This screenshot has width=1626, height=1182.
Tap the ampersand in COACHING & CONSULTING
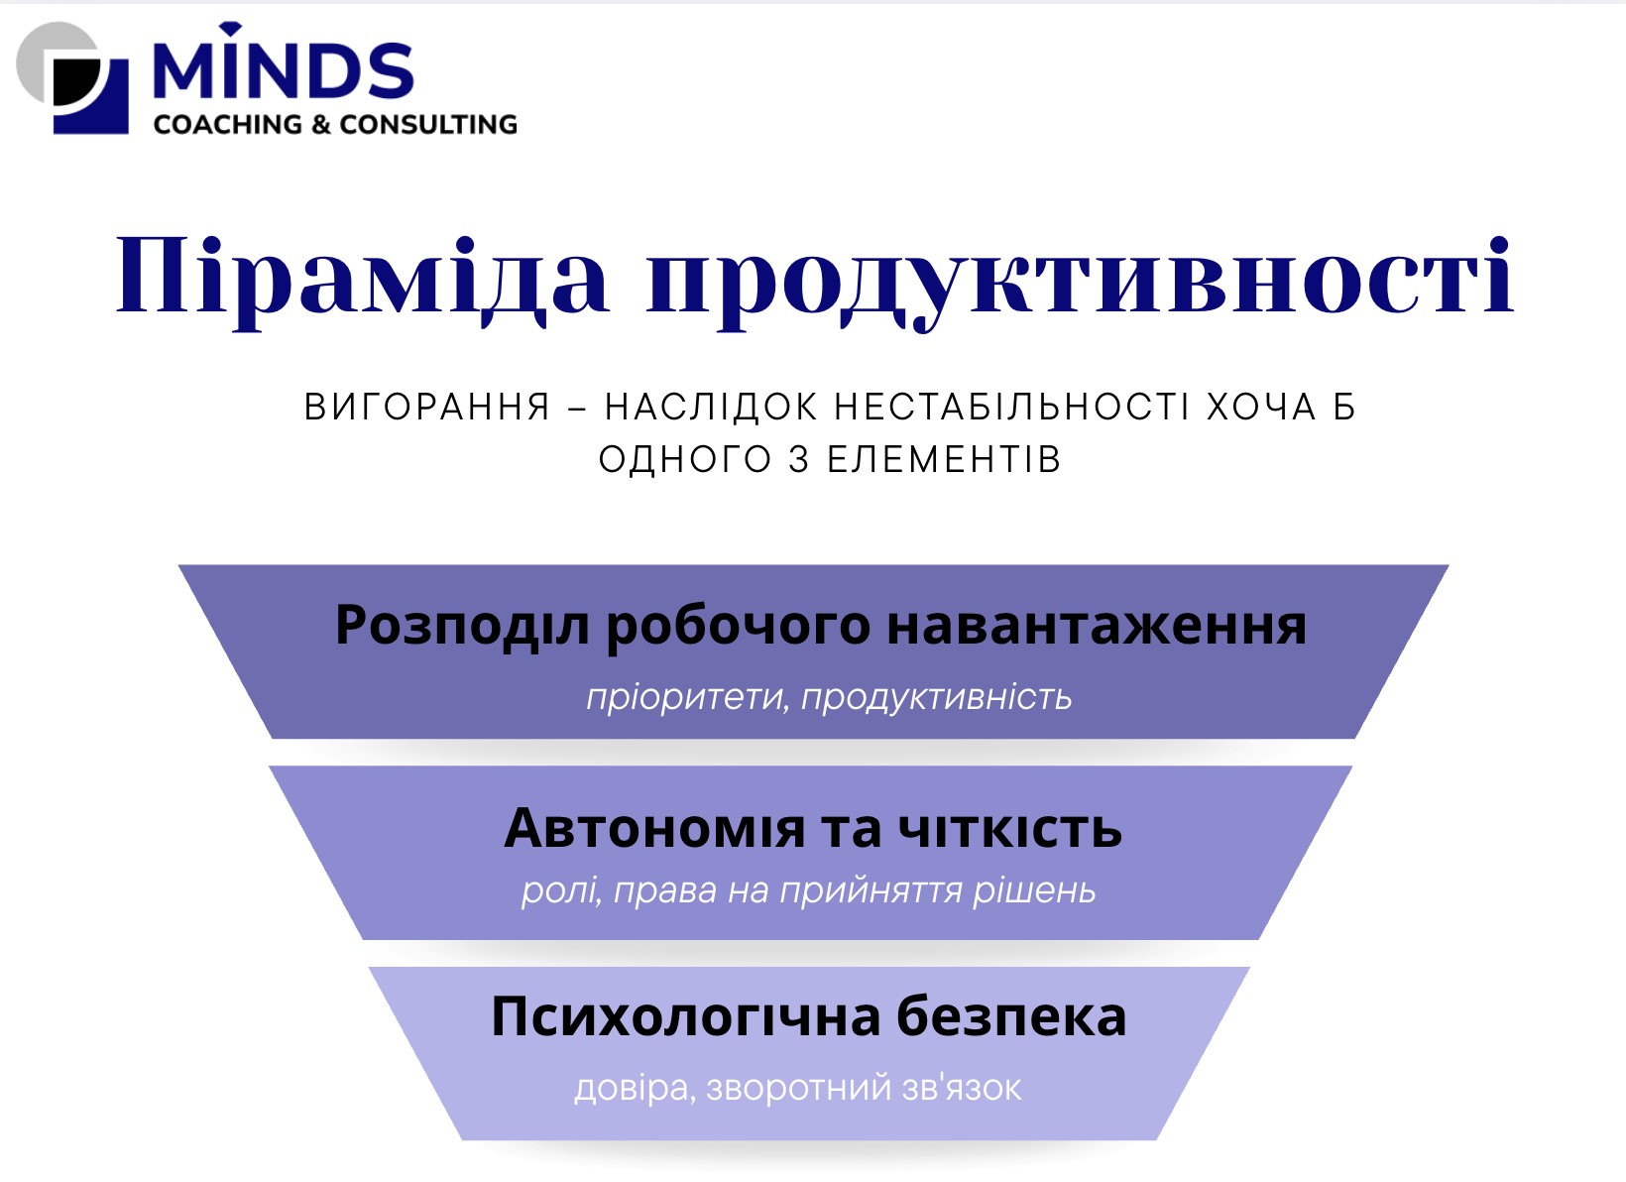pos(321,125)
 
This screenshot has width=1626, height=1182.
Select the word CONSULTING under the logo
pos(428,125)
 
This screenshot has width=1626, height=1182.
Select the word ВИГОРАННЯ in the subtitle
pos(427,407)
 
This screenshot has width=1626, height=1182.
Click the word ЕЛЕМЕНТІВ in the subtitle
pos(945,459)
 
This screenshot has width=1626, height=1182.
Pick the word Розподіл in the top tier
pos(462,626)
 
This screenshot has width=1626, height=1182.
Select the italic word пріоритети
pos(687,698)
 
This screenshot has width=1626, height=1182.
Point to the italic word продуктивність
pos(936,698)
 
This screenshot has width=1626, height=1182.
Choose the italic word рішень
pos(1034,890)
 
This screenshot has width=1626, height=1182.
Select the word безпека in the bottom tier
pos(1011,1016)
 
